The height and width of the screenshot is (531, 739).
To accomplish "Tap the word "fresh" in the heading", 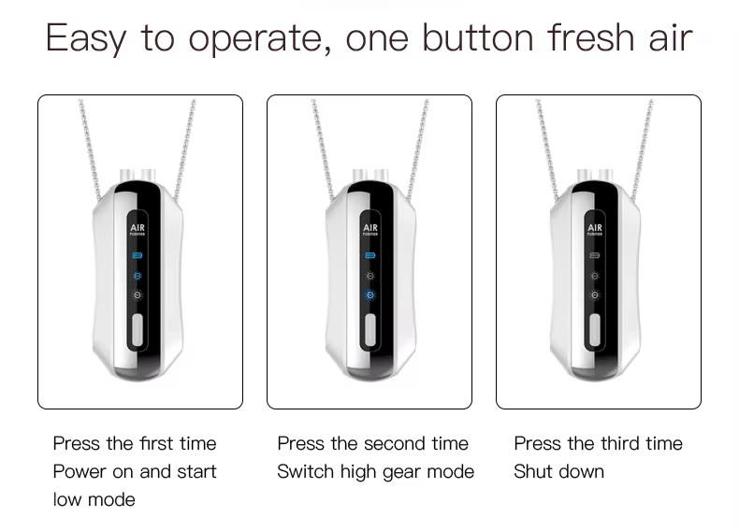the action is pyautogui.click(x=590, y=37).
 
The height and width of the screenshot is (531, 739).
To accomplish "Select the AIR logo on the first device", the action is pyautogui.click(x=138, y=229).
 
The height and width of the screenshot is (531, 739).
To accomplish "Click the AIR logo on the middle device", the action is pyautogui.click(x=370, y=229).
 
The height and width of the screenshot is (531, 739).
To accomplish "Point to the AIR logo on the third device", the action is pyautogui.click(x=595, y=229).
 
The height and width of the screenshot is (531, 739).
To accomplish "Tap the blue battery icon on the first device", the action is pyautogui.click(x=138, y=255).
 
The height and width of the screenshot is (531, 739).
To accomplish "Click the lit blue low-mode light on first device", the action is pyautogui.click(x=138, y=276).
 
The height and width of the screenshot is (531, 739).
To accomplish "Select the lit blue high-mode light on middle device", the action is pyautogui.click(x=370, y=294).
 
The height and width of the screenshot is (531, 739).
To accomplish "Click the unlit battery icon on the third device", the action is pyautogui.click(x=595, y=255).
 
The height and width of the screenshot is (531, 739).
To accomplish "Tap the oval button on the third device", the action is pyautogui.click(x=595, y=329).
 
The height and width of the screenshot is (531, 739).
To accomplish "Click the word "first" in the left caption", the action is pyautogui.click(x=151, y=443).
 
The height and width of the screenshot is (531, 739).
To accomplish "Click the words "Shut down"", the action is pyautogui.click(x=559, y=471).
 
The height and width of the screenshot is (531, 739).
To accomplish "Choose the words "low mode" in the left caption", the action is pyautogui.click(x=94, y=499).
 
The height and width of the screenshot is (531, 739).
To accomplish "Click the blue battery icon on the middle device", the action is pyautogui.click(x=370, y=255).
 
